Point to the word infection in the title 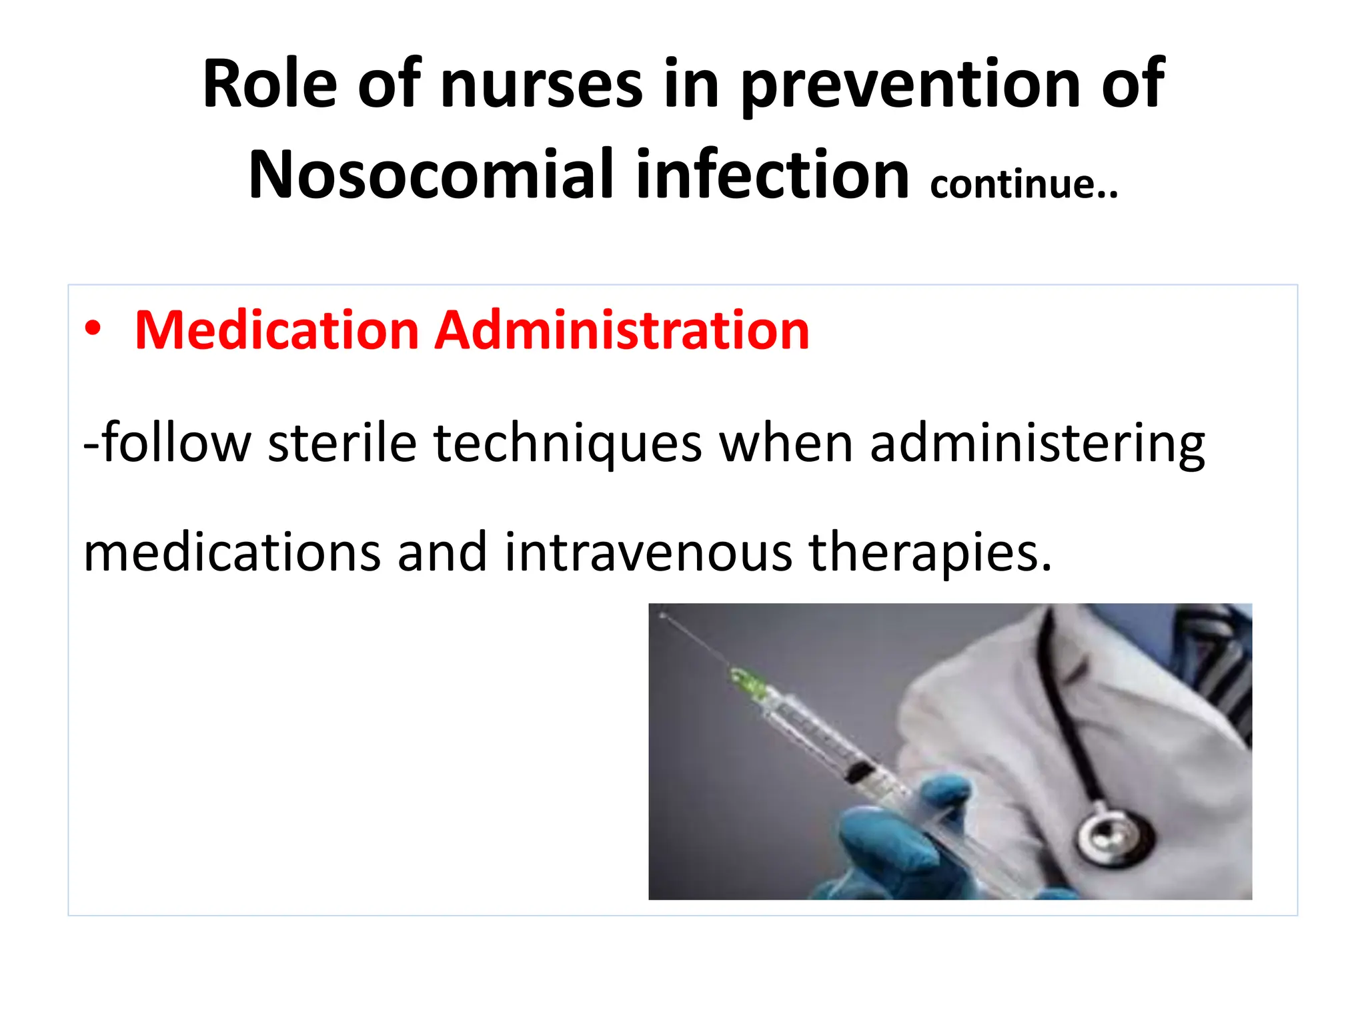click(x=772, y=175)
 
